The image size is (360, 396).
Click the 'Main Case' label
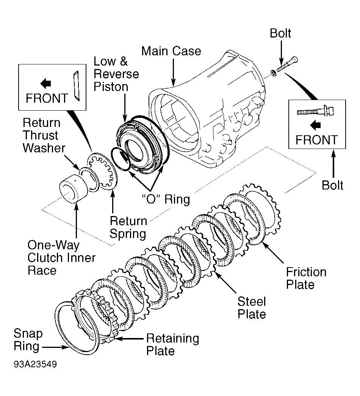click(x=171, y=51)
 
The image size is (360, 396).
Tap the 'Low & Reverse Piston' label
click(x=116, y=74)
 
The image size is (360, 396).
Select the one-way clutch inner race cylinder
click(x=74, y=189)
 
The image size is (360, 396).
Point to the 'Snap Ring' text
click(x=28, y=340)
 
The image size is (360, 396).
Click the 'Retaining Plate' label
click(x=172, y=344)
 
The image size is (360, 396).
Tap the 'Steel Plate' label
click(x=252, y=308)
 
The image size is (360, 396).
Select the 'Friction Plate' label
click(x=306, y=278)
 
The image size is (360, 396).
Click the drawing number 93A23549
click(x=35, y=365)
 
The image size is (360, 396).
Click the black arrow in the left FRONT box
click(x=46, y=83)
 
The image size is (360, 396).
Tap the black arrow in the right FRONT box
click(x=315, y=125)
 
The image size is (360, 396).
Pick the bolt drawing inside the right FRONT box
click(x=315, y=111)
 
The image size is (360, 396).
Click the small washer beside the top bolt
click(x=273, y=73)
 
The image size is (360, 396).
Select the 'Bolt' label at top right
click(x=280, y=33)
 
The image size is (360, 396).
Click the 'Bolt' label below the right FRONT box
click(x=332, y=185)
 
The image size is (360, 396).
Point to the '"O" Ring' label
click(x=166, y=199)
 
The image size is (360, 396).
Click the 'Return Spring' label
click(x=128, y=227)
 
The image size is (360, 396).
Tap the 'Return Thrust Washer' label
click(x=44, y=135)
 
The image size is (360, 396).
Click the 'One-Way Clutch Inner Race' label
click(x=61, y=258)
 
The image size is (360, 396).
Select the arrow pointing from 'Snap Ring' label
click(x=55, y=347)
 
